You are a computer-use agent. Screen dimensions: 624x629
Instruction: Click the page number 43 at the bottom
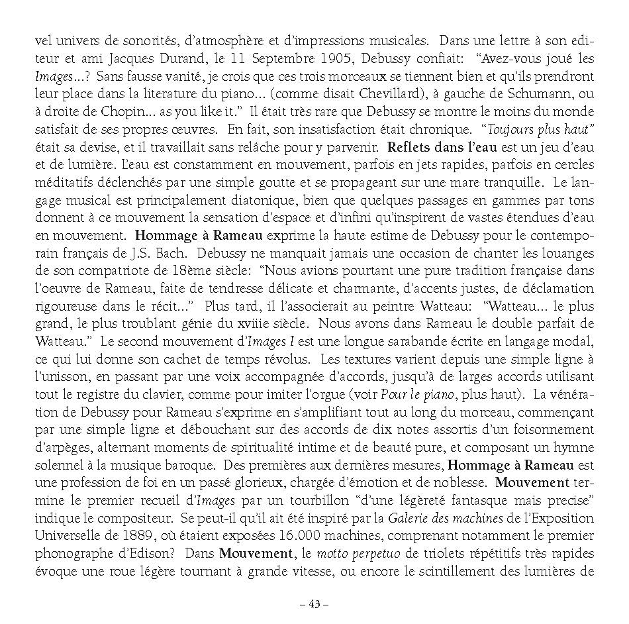(314, 603)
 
